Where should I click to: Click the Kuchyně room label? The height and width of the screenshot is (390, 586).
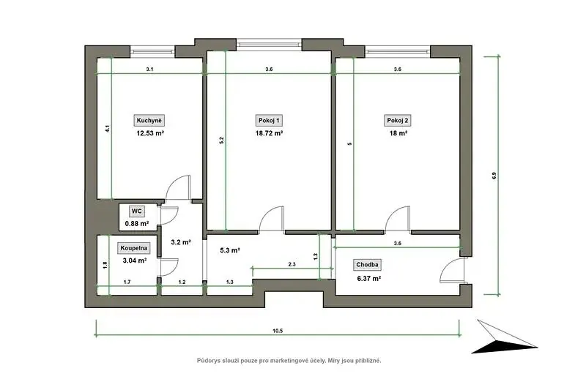click(x=149, y=121)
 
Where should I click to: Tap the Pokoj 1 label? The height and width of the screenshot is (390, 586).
click(x=269, y=121)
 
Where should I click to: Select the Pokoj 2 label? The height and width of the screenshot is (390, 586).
click(x=398, y=121)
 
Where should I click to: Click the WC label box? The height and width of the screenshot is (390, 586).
click(x=137, y=211)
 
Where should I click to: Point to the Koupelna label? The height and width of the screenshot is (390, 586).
click(x=134, y=248)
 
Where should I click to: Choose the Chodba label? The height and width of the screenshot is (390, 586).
click(x=367, y=265)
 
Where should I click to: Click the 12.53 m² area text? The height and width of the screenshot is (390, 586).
click(x=150, y=133)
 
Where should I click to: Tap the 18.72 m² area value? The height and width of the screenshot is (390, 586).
click(x=269, y=133)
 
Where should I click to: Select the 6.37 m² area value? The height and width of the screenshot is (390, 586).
click(x=369, y=278)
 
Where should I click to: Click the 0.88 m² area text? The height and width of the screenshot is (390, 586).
click(x=137, y=224)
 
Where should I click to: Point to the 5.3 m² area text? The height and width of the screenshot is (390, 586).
click(x=230, y=250)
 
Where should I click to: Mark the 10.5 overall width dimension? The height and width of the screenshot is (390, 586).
click(x=278, y=331)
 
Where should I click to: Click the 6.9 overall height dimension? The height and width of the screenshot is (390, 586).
click(x=494, y=176)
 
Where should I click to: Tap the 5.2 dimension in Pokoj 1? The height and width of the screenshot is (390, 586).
click(x=221, y=140)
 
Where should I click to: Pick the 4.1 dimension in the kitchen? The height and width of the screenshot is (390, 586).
click(x=107, y=129)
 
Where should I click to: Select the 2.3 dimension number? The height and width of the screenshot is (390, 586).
click(x=292, y=264)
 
